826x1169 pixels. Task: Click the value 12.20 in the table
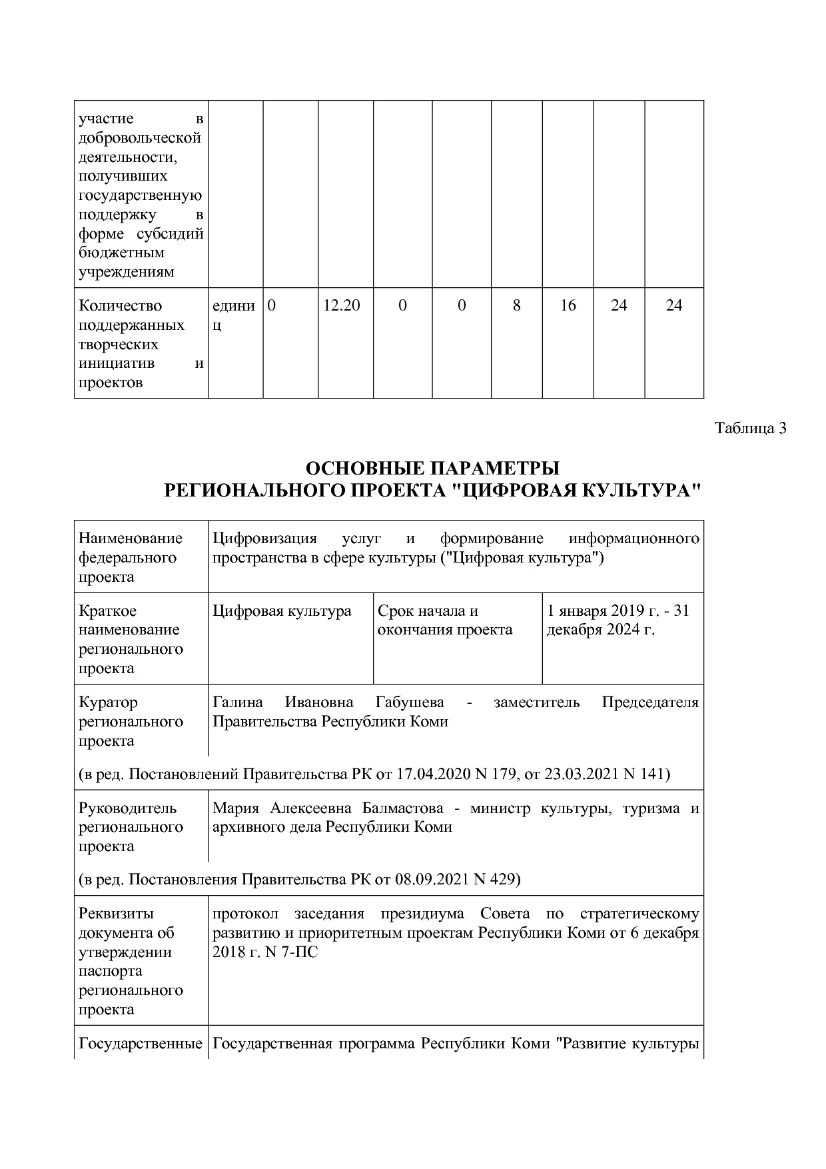click(x=341, y=306)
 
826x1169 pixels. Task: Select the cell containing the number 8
click(x=516, y=306)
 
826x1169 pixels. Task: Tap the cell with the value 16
click(x=568, y=306)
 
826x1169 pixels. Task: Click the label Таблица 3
click(x=751, y=428)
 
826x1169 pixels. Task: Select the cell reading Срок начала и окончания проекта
click(x=444, y=620)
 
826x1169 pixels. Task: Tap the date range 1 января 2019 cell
click(x=618, y=620)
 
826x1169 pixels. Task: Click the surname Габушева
click(x=410, y=702)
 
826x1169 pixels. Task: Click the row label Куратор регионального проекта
click(x=131, y=722)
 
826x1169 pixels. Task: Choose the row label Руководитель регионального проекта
click(x=131, y=827)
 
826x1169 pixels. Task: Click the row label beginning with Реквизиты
click(x=131, y=961)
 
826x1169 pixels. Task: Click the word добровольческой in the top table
click(x=140, y=139)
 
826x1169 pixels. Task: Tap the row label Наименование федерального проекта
click(x=131, y=557)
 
